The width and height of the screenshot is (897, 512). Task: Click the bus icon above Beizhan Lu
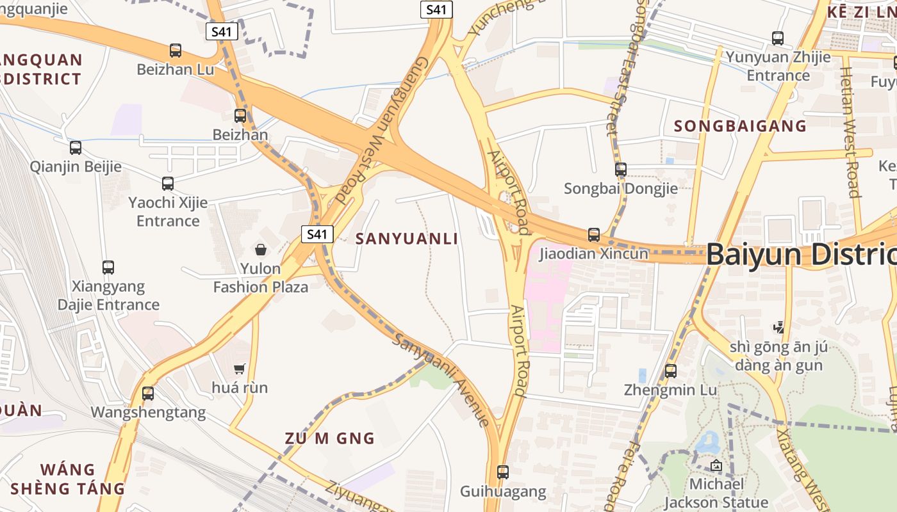(175, 50)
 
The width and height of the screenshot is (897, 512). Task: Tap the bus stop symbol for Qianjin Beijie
(75, 148)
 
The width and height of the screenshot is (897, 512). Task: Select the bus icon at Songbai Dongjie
(620, 170)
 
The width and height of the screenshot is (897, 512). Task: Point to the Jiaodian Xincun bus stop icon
(594, 235)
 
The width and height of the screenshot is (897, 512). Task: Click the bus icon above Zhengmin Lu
(670, 371)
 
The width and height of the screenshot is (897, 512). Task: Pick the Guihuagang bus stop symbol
(503, 472)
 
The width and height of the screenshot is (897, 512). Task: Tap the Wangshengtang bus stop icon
(148, 393)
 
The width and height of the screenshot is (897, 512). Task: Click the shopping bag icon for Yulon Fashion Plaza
(261, 250)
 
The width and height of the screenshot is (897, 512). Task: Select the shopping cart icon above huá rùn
(240, 369)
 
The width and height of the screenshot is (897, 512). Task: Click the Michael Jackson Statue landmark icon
(716, 465)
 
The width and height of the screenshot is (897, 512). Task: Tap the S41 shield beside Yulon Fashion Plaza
(317, 234)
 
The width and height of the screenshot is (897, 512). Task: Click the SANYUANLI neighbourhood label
(407, 239)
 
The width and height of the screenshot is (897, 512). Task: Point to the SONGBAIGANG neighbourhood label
(730, 126)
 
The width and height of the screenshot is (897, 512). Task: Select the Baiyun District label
(801, 254)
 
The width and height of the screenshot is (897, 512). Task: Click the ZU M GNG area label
(330, 438)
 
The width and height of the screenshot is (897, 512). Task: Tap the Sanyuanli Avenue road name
(442, 380)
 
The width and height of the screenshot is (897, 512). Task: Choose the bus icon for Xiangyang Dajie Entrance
(108, 267)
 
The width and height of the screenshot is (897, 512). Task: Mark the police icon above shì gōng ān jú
(778, 327)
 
